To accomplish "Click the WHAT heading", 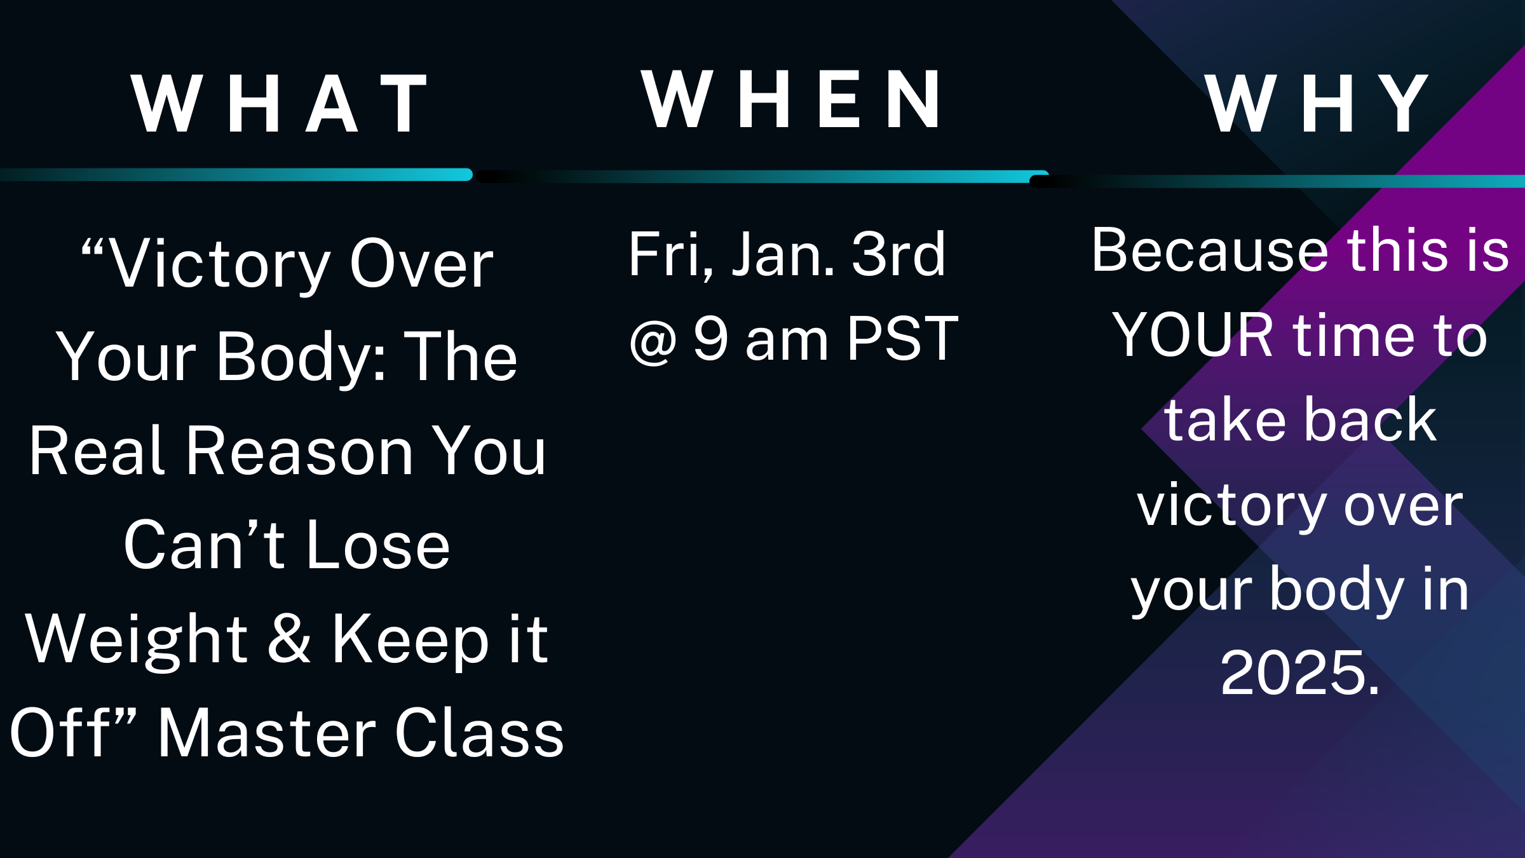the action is click(x=278, y=103).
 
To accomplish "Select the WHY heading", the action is click(x=1317, y=103).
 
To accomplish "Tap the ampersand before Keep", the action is click(x=289, y=639).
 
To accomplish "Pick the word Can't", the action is click(x=204, y=545).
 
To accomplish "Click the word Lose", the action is click(x=378, y=546).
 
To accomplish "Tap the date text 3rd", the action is click(x=898, y=254).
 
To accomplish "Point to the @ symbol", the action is click(x=653, y=341).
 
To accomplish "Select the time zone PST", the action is click(x=902, y=338).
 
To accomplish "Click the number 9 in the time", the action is click(x=710, y=338).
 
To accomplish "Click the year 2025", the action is click(x=1300, y=672).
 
